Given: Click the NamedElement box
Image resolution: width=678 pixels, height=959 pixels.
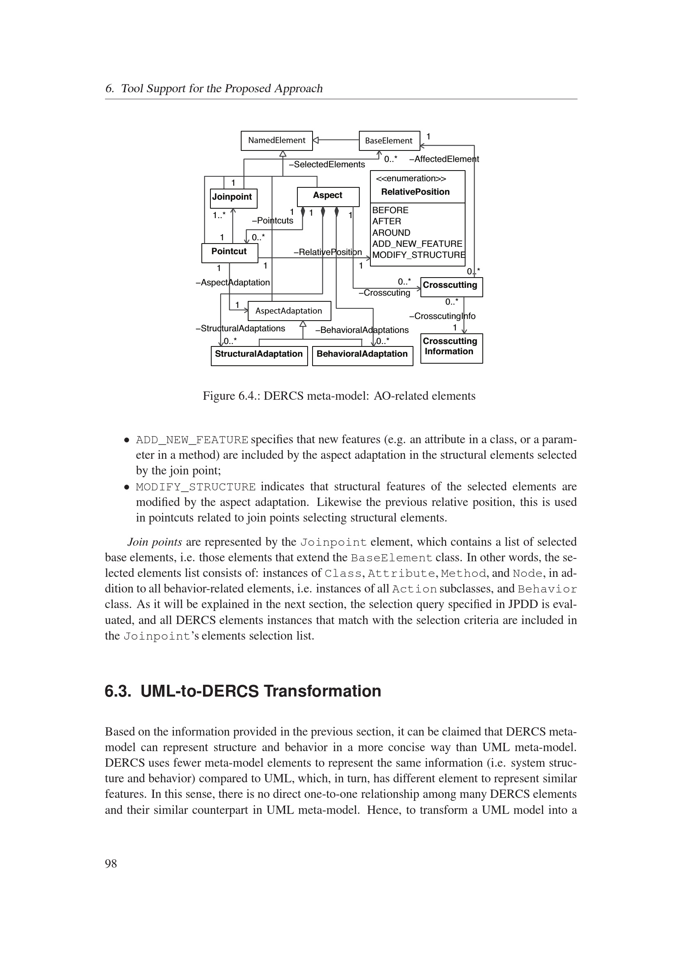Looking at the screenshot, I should [x=276, y=140].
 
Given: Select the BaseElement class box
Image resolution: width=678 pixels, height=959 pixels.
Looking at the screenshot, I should [x=389, y=141].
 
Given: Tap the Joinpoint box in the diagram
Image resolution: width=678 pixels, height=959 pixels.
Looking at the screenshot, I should [x=233, y=198].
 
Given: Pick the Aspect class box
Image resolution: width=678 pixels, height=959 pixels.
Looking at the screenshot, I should [x=328, y=196].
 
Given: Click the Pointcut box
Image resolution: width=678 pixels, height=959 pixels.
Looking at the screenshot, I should [x=229, y=252].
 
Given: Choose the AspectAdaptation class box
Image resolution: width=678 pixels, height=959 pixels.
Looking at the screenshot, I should [x=289, y=311].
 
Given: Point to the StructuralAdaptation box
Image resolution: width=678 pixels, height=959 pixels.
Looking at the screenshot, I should [x=259, y=355].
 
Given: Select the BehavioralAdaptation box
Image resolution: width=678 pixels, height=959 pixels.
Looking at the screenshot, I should [x=362, y=355].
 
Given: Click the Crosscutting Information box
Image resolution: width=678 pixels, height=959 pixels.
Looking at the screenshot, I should [x=451, y=348].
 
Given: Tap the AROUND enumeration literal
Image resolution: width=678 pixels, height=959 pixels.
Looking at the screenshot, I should [x=391, y=232].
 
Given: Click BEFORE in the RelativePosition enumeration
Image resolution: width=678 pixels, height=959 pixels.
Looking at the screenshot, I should [x=390, y=210].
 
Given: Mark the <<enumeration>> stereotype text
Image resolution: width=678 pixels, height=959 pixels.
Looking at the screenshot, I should [x=411, y=179].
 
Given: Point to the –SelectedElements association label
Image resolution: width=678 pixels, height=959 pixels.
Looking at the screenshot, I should [x=327, y=164].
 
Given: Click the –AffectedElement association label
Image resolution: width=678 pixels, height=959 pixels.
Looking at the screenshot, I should [x=444, y=159].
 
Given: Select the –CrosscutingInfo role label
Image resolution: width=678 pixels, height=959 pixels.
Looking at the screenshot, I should [x=443, y=316].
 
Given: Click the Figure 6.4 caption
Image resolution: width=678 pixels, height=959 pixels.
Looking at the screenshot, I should [x=339, y=396].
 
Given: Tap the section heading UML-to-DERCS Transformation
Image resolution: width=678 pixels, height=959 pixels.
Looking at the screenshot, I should [x=260, y=691].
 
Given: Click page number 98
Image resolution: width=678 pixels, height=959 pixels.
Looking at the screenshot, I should [x=111, y=863].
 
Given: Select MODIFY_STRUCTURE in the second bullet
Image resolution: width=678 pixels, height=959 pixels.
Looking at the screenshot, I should [x=196, y=487].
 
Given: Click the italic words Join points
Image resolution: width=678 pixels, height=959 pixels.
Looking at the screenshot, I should [x=155, y=542].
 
